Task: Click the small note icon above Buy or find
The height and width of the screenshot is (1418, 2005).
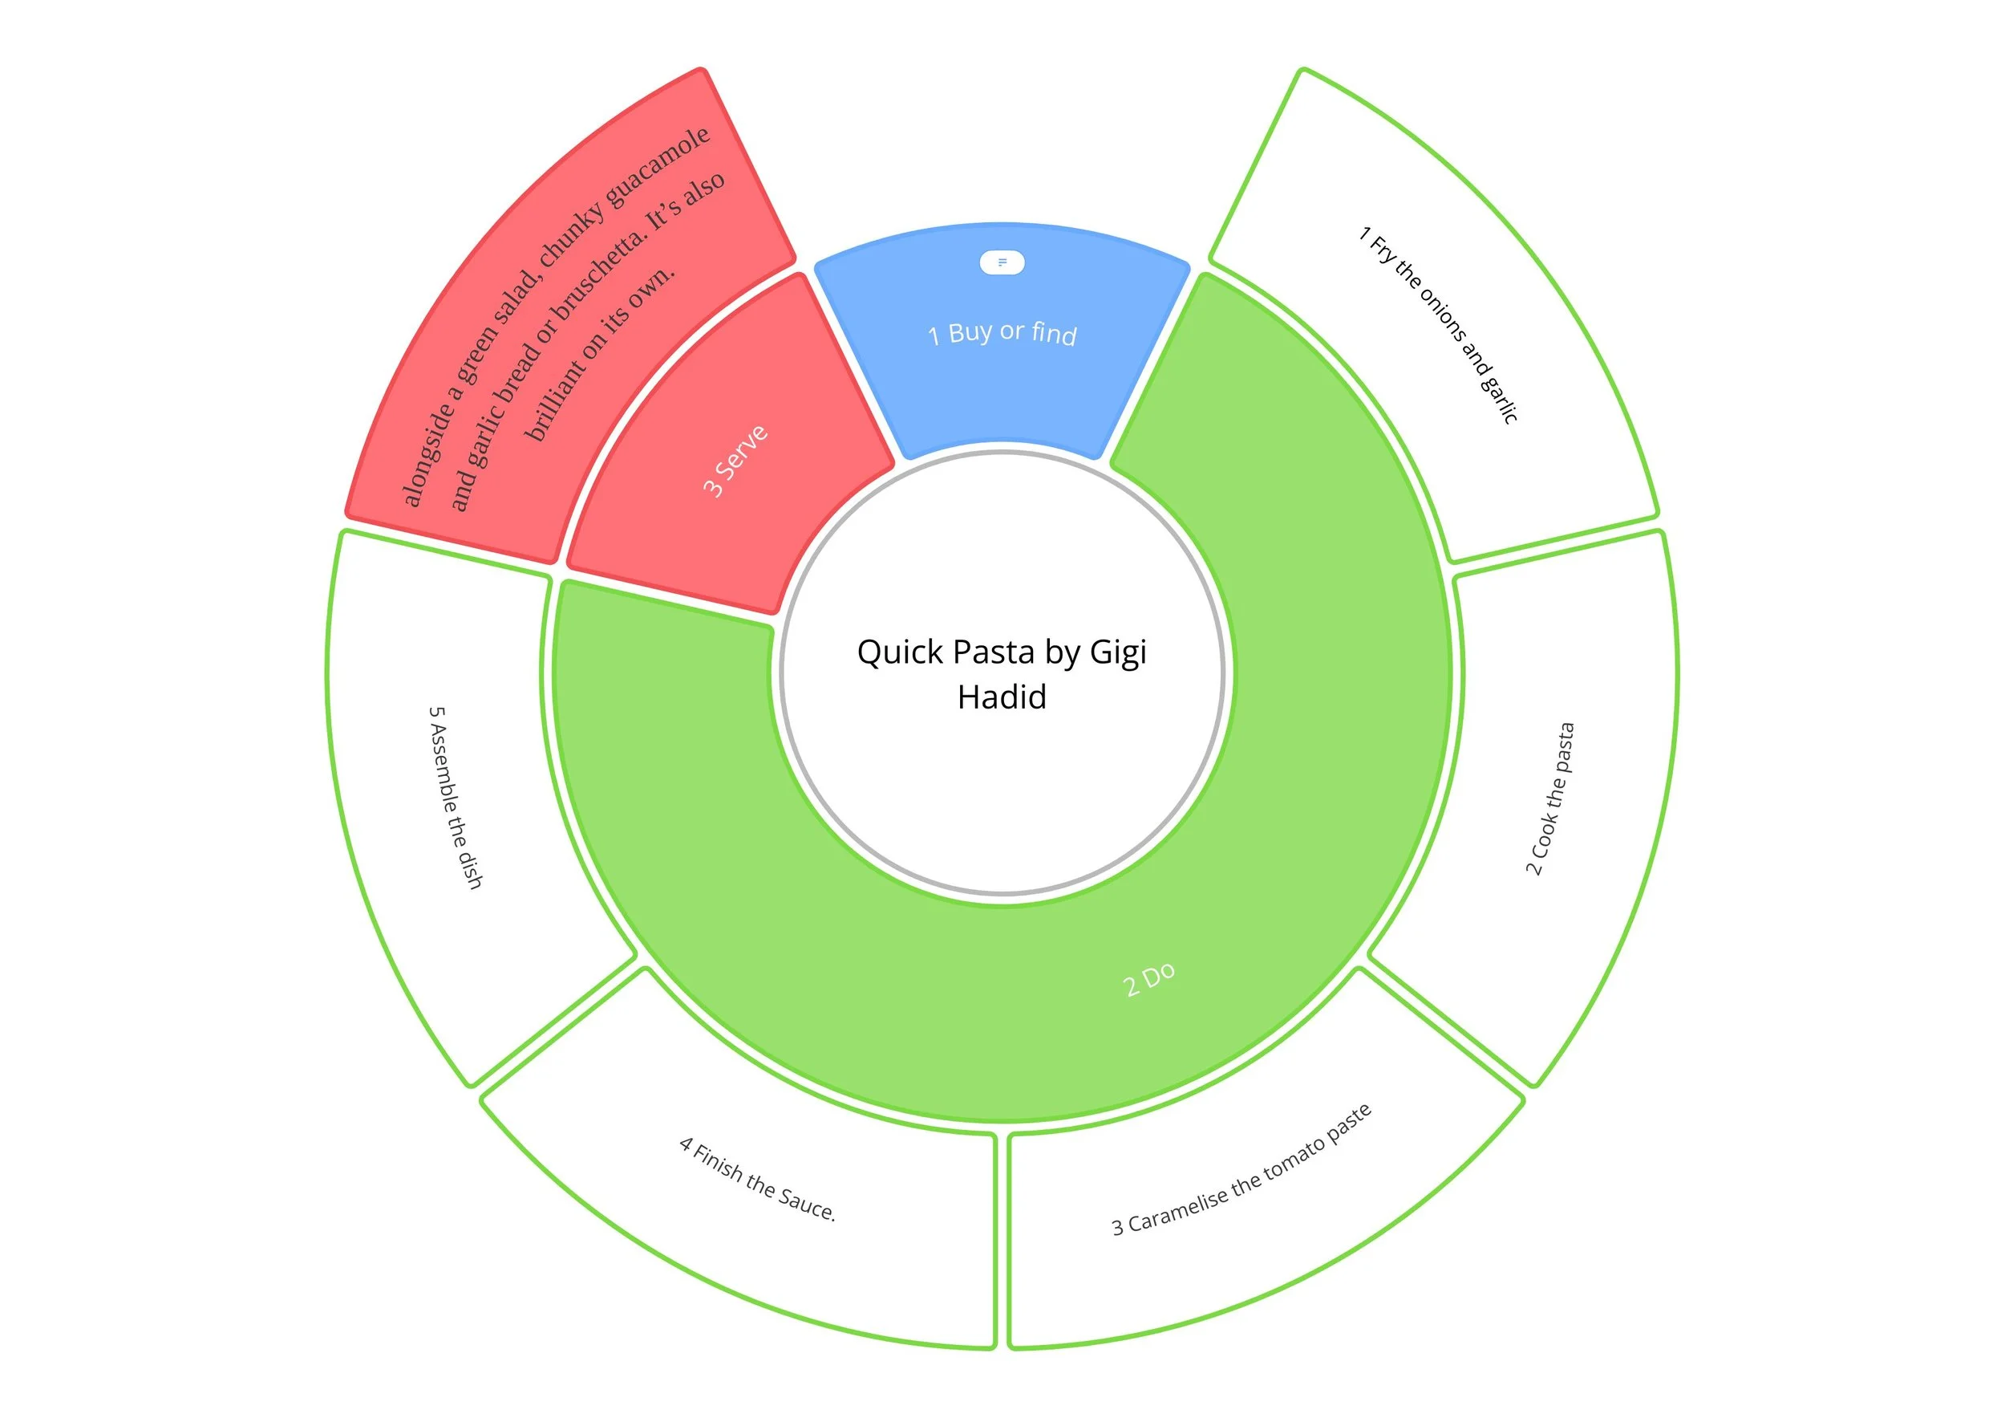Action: (x=1002, y=262)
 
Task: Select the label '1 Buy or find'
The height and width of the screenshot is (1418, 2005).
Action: (x=1002, y=333)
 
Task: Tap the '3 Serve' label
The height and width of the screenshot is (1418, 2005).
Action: (x=735, y=461)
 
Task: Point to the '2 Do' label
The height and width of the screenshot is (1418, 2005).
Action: (x=1148, y=979)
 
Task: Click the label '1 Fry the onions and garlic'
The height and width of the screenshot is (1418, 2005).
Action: (x=1438, y=325)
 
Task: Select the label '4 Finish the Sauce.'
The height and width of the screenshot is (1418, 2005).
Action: (x=757, y=1180)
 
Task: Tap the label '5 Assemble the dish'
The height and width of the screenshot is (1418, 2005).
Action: (x=455, y=797)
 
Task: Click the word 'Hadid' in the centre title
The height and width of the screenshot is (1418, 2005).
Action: (x=1002, y=697)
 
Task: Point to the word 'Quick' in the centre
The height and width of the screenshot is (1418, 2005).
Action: (x=901, y=652)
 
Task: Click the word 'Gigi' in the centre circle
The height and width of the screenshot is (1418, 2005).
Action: (x=1118, y=652)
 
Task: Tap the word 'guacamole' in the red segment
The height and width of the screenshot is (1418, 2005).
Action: (x=659, y=166)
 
